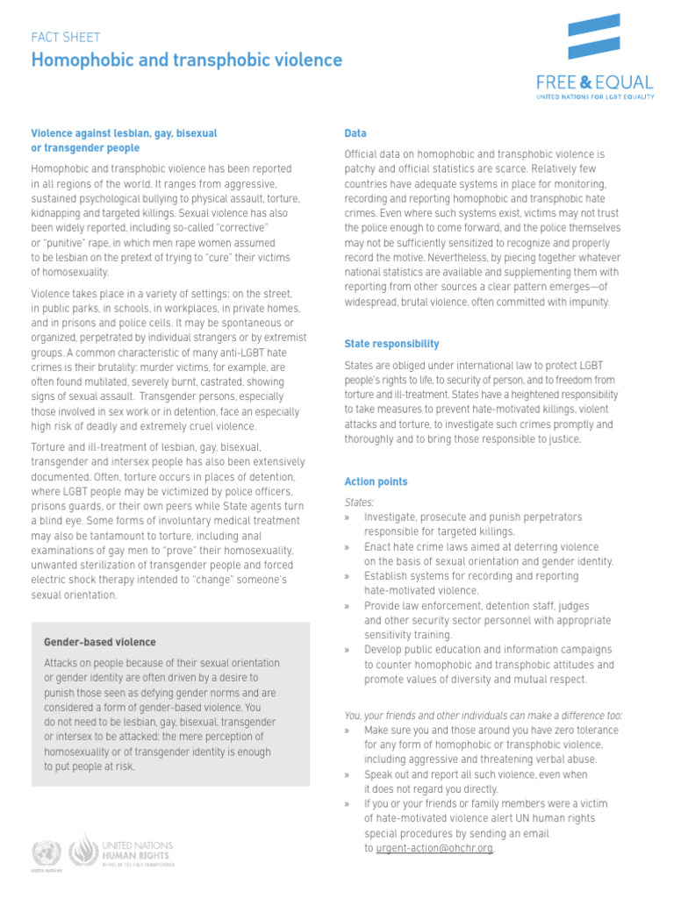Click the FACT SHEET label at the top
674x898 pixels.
tap(66, 38)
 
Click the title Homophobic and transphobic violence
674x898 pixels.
tap(187, 60)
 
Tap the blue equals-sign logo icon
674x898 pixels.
tap(594, 36)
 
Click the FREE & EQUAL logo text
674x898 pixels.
tap(595, 83)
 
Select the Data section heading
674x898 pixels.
tap(355, 133)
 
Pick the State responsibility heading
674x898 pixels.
tap(391, 344)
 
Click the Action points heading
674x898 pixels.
tap(376, 482)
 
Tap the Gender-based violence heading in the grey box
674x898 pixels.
tap(100, 643)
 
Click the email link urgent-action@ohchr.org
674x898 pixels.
tap(434, 849)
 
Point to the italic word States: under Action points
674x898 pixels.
tap(359, 502)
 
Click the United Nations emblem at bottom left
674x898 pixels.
tap(42, 852)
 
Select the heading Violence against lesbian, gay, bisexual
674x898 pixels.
tap(124, 133)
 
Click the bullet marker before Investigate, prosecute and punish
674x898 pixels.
tap(348, 517)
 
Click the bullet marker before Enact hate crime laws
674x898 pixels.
tap(348, 547)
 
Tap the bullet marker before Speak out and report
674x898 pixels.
tap(348, 775)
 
